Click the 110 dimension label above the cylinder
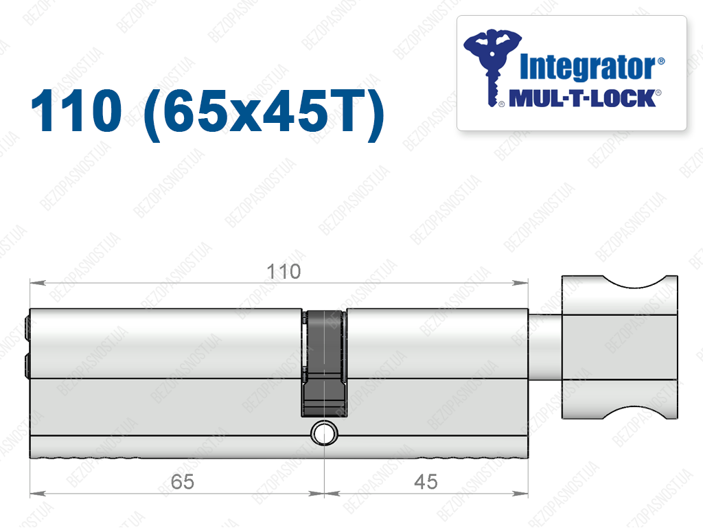click(x=284, y=272)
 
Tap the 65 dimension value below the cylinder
click(x=183, y=482)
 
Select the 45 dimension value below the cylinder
click(x=426, y=482)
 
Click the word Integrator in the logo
click(x=588, y=68)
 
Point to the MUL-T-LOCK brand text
click(x=583, y=98)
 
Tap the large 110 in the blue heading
click(x=76, y=111)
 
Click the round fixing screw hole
click(x=324, y=433)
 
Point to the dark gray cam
click(x=324, y=363)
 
